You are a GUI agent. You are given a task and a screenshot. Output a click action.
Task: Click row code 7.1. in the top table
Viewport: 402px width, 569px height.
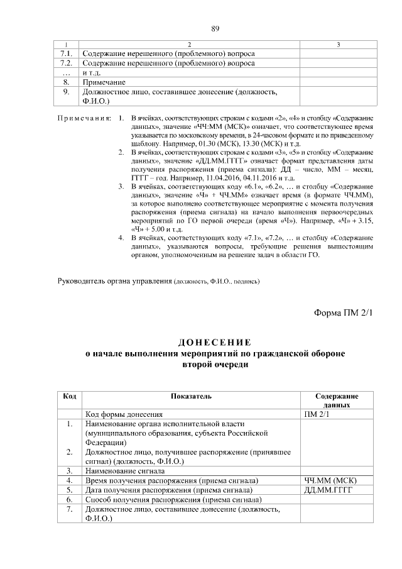click(x=66, y=53)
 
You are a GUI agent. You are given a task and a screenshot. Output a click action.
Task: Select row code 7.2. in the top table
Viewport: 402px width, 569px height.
click(x=66, y=63)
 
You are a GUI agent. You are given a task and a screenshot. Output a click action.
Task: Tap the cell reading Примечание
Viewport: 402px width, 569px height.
click(x=104, y=82)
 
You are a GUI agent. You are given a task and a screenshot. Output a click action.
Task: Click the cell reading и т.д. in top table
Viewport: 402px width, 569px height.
click(x=92, y=72)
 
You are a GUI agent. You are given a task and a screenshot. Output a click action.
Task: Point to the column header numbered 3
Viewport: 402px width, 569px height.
click(x=339, y=45)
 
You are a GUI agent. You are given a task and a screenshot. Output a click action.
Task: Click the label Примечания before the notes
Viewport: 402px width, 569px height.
click(x=84, y=118)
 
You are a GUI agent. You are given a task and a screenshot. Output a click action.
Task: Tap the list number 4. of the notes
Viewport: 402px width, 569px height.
click(x=122, y=239)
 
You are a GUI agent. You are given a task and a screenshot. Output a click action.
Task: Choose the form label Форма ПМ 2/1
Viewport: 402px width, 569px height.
click(x=343, y=313)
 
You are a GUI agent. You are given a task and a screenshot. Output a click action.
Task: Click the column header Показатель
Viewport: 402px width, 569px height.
click(x=191, y=397)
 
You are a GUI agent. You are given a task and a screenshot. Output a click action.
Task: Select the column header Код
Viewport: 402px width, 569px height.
click(x=70, y=397)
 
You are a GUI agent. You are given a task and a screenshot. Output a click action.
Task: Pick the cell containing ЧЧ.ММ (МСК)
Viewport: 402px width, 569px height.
click(x=330, y=480)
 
